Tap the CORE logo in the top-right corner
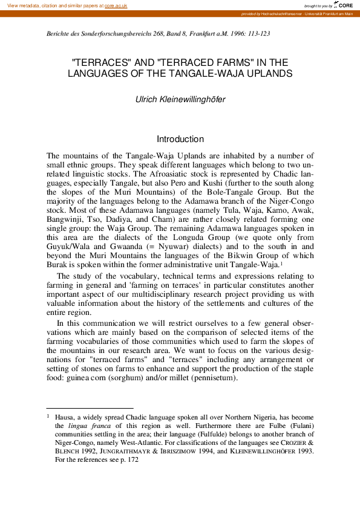coord(344,5)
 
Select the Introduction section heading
coord(180,139)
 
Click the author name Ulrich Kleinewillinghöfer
coord(180,99)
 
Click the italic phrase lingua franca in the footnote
coord(86,426)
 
